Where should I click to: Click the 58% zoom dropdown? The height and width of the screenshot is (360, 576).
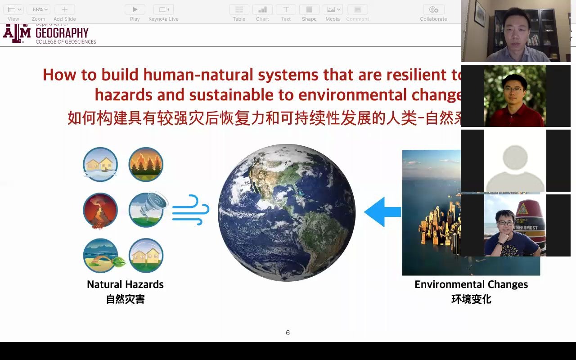click(x=38, y=9)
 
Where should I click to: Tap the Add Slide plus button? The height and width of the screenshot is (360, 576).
click(x=64, y=9)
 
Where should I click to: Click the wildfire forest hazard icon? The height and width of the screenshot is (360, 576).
click(x=146, y=164)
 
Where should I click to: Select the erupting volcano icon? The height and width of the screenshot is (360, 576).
click(x=100, y=210)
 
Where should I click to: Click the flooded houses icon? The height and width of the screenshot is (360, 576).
click(x=100, y=164)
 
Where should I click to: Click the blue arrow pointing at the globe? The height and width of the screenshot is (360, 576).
click(x=382, y=211)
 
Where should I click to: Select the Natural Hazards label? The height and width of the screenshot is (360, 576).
click(x=125, y=284)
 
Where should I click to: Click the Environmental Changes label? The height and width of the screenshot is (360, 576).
click(x=471, y=284)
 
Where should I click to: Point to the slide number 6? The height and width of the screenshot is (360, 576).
click(x=288, y=333)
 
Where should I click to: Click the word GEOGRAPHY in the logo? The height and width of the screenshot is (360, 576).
click(x=62, y=33)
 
